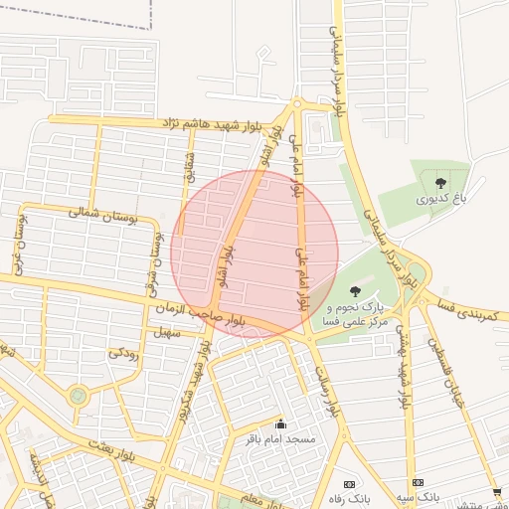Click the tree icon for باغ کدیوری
tap(440, 181)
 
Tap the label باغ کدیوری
tap(439, 200)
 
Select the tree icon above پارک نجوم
tap(355, 290)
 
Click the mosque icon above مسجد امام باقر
tap(279, 424)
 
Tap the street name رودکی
tap(122, 352)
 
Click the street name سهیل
tap(167, 333)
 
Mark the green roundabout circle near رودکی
tap(78, 397)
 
